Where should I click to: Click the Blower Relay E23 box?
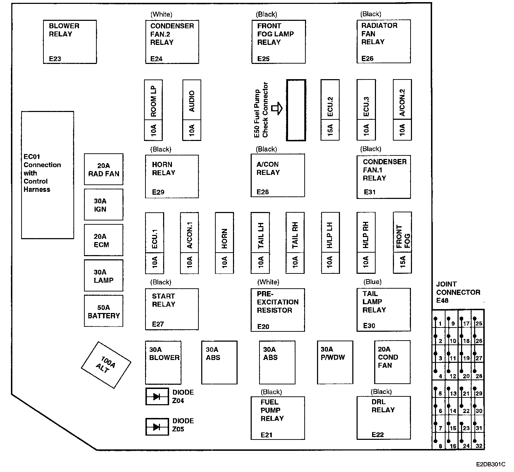click(x=70, y=42)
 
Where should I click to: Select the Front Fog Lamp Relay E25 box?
click(x=278, y=42)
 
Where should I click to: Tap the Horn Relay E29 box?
click(x=172, y=176)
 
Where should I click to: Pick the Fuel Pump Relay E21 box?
click(x=277, y=418)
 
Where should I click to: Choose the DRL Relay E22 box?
click(x=383, y=418)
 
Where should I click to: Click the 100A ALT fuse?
click(x=106, y=365)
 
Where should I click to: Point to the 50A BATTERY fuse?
click(x=103, y=311)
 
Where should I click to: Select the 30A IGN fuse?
click(x=103, y=205)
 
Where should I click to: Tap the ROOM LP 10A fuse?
click(x=153, y=110)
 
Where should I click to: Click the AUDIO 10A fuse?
click(x=192, y=110)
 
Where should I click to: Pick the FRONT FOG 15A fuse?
click(x=402, y=243)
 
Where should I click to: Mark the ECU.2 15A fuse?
click(x=330, y=110)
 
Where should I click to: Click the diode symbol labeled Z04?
click(x=157, y=396)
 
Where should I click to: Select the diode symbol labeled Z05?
click(x=157, y=427)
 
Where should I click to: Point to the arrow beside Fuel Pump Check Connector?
click(x=277, y=108)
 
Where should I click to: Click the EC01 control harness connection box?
click(x=48, y=175)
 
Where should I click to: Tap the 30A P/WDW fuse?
click(x=335, y=362)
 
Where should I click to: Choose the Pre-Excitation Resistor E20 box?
click(x=277, y=310)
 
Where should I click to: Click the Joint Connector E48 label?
click(x=458, y=292)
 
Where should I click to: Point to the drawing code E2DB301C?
click(x=490, y=464)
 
